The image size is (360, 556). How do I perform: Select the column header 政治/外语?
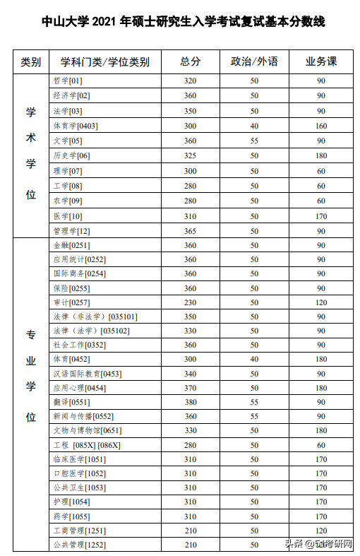click(254, 61)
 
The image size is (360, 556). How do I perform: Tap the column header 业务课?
click(321, 61)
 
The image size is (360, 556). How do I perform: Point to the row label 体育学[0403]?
click(76, 126)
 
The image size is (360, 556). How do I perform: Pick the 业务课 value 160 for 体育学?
click(321, 126)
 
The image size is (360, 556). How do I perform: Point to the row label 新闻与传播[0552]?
click(83, 416)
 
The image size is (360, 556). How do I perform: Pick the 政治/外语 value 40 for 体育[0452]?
click(254, 359)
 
